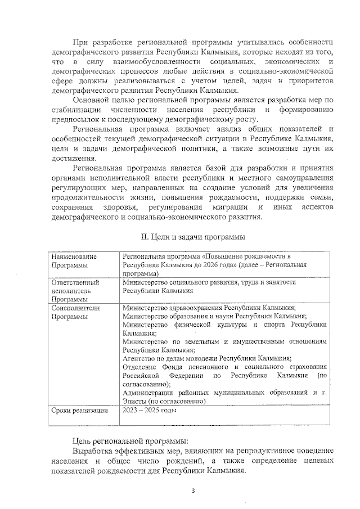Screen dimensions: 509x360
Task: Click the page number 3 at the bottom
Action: [x=192, y=490]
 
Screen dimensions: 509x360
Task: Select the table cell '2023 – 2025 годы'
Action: [x=149, y=410]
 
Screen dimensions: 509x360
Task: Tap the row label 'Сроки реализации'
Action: [x=79, y=410]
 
